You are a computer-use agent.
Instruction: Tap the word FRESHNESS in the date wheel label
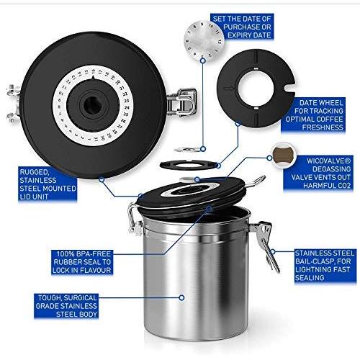(323, 127)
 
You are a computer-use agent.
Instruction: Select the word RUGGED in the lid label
(35, 172)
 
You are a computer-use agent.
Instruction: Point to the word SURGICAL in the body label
(80, 298)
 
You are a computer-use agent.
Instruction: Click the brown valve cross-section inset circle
(283, 156)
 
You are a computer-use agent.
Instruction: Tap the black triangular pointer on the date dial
(94, 77)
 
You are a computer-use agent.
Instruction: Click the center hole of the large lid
(92, 106)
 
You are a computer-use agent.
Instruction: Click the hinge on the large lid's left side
(13, 103)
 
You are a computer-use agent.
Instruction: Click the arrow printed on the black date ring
(229, 89)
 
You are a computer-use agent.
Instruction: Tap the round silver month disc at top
(204, 40)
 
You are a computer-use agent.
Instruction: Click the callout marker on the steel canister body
(181, 298)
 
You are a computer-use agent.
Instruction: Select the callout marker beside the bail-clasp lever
(273, 252)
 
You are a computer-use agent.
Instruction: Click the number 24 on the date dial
(127, 108)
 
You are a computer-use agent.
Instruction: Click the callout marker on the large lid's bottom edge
(102, 179)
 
